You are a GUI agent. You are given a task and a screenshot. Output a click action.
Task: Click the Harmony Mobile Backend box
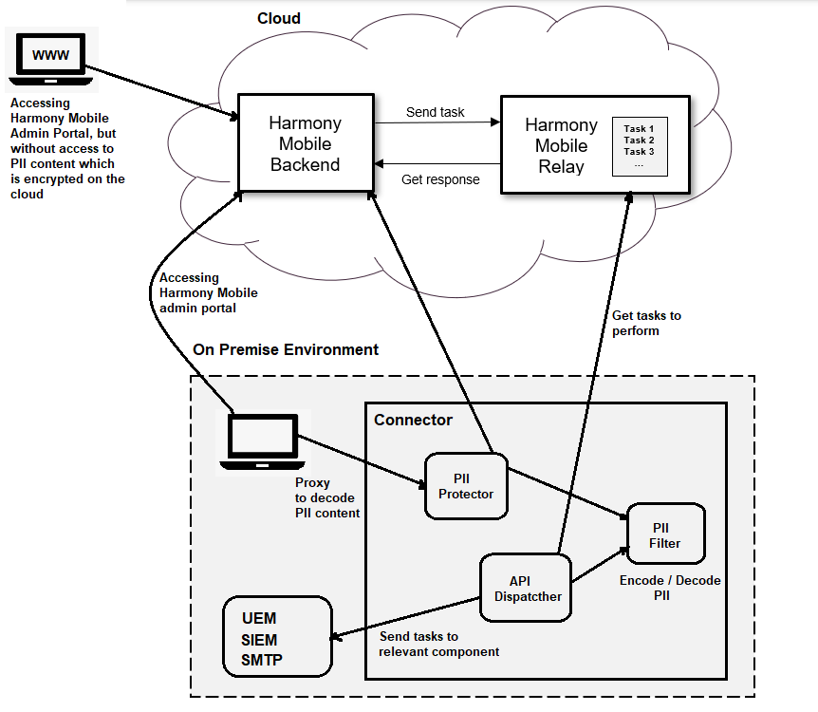click(305, 143)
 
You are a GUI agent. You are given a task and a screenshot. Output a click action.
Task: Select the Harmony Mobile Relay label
click(561, 146)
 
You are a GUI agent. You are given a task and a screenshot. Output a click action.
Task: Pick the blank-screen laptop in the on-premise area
click(264, 440)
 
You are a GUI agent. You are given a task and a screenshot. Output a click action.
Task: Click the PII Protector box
click(466, 486)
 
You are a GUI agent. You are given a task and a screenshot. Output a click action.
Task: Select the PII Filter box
click(664, 536)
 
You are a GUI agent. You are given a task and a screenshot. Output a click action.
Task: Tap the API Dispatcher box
click(528, 589)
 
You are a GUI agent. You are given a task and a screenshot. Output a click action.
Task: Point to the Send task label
click(436, 112)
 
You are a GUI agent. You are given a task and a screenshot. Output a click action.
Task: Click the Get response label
click(440, 179)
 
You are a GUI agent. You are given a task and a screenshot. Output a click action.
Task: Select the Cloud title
click(279, 18)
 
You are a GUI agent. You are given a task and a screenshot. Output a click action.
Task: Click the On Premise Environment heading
click(286, 349)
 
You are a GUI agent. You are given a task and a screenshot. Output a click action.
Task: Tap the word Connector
click(413, 420)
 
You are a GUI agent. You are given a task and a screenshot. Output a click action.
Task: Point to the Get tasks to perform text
click(646, 323)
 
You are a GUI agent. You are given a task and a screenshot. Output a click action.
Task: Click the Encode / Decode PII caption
click(670, 588)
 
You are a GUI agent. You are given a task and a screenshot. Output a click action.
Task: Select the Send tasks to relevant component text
click(438, 644)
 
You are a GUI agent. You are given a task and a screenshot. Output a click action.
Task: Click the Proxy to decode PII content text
click(326, 497)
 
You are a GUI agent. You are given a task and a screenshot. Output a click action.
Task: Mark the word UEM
click(259, 619)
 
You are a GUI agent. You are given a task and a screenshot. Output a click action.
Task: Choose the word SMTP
click(262, 660)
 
